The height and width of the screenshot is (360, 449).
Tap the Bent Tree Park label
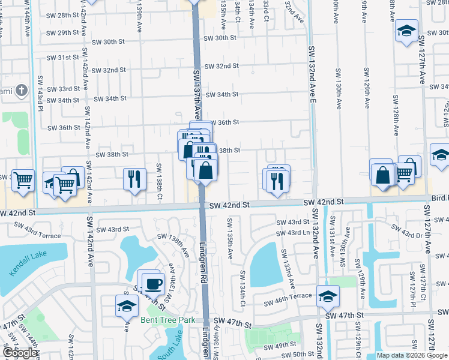pos(168,320)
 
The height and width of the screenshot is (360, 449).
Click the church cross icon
pos(22,91)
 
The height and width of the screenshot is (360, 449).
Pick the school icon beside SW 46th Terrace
pos(328,296)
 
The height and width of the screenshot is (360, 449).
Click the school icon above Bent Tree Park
pos(127,306)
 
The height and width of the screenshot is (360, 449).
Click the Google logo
pos(20,353)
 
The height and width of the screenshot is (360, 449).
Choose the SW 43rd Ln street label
pos(294,233)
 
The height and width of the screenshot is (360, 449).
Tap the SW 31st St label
pos(65,58)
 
